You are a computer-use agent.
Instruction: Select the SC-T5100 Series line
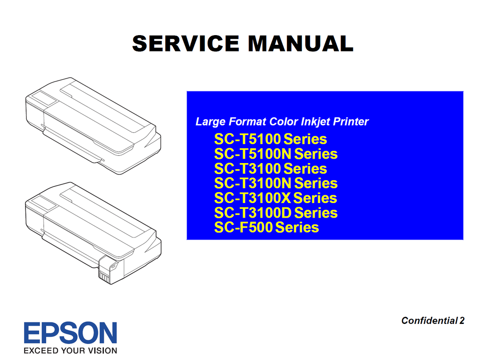tap(270, 139)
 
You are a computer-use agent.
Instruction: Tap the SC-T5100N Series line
tap(275, 154)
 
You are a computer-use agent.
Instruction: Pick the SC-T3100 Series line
tap(270, 169)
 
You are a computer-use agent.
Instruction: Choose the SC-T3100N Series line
tap(275, 183)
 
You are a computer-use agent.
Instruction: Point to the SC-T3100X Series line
tap(275, 198)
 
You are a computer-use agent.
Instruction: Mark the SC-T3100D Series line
tap(275, 213)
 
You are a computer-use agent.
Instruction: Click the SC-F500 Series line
tap(266, 227)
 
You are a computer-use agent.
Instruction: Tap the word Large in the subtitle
tap(210, 122)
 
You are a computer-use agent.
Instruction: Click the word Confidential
tap(429, 320)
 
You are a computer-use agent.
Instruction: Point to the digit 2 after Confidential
tap(462, 320)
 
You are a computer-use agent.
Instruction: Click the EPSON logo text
tap(70, 333)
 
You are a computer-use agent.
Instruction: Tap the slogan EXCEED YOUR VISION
tap(70, 351)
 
